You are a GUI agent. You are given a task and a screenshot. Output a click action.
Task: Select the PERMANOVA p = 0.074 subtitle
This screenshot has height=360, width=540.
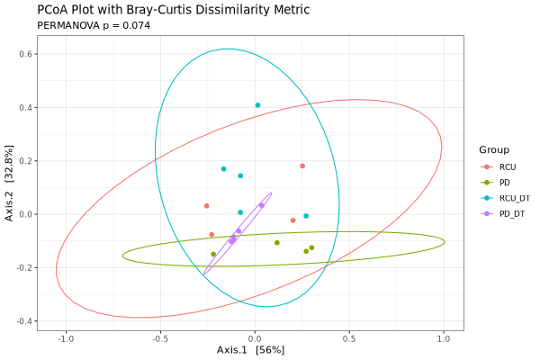tap(94, 26)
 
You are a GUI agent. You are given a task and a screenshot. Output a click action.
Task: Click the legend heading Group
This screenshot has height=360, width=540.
tap(494, 149)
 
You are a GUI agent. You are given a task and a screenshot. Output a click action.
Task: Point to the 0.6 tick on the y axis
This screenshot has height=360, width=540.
tap(27, 54)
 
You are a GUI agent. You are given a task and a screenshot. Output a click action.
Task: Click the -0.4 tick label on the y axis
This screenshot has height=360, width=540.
tap(25, 321)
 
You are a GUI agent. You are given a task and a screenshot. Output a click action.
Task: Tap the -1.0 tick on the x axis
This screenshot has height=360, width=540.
tap(66, 338)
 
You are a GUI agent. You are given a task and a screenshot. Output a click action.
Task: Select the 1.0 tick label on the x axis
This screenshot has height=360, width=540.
tap(443, 338)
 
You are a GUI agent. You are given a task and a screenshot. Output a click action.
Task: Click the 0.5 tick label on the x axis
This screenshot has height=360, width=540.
tap(348, 338)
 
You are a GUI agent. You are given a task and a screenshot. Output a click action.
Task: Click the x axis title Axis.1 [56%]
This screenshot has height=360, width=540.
tap(250, 349)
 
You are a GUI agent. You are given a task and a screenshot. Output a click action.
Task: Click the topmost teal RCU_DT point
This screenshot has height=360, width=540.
tap(257, 105)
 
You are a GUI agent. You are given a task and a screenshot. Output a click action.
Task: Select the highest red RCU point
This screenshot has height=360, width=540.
tap(302, 166)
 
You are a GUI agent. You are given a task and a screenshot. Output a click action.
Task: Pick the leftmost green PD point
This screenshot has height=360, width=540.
tap(213, 254)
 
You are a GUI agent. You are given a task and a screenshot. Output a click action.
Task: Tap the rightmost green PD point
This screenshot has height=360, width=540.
tap(311, 247)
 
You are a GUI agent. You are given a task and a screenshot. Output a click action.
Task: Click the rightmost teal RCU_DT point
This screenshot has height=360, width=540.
tap(306, 216)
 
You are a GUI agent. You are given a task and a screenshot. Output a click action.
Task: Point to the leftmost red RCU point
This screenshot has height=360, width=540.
tap(206, 206)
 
